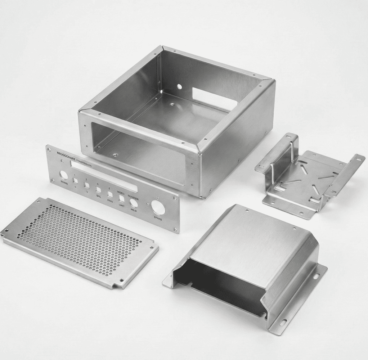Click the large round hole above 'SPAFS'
point(158,207)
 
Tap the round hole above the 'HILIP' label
point(134,203)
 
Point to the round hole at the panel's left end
point(63,175)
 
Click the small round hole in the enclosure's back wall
point(179,86)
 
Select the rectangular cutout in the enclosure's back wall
point(214,99)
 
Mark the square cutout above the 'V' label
point(86,185)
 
